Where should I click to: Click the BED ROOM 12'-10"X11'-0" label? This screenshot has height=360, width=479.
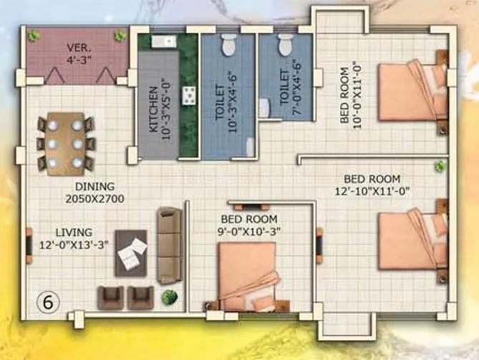tap(372, 184)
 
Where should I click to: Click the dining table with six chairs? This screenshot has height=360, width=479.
tap(65, 144)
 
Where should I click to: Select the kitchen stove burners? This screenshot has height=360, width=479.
tap(190, 95)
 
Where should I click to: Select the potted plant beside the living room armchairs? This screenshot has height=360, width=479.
tap(170, 296)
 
